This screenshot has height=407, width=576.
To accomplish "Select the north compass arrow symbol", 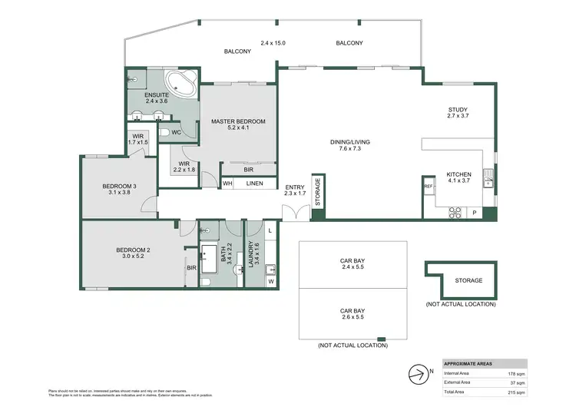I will (x=418, y=374).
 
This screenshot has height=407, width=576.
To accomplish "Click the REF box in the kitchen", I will (x=429, y=186).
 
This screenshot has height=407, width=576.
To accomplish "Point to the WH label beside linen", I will (x=227, y=184).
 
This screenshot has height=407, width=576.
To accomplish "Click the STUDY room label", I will (x=458, y=109).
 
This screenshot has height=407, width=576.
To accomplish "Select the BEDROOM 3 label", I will (x=119, y=187).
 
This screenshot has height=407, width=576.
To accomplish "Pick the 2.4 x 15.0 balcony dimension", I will (x=273, y=43).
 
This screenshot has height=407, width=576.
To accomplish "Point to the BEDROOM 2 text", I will (x=132, y=250).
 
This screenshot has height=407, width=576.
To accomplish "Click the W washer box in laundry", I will (x=270, y=280).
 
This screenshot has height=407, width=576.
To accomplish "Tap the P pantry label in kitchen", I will (x=474, y=213).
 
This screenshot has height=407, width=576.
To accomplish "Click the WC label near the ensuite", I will (x=176, y=133).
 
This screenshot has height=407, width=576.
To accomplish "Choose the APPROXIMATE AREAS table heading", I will (x=469, y=363).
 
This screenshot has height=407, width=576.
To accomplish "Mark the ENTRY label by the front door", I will (x=295, y=187).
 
